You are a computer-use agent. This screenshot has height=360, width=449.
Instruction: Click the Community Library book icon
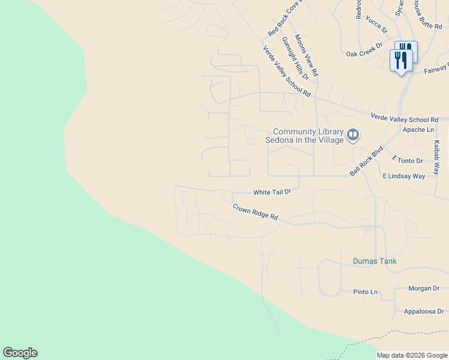(353, 136)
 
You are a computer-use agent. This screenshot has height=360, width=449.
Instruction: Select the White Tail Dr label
(272, 192)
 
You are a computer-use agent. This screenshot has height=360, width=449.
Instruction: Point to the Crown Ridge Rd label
(256, 212)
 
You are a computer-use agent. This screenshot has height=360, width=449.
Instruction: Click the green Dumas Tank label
(375, 262)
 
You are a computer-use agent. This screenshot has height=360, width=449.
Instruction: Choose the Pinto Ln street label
(366, 292)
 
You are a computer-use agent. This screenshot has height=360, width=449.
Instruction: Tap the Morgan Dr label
(424, 289)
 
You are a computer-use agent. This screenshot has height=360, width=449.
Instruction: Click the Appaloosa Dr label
(423, 311)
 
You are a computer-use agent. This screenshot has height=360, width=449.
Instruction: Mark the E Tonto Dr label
(407, 161)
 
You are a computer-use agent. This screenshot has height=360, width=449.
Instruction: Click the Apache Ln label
(418, 130)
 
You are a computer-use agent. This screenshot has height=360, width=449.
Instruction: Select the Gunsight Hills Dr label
(295, 58)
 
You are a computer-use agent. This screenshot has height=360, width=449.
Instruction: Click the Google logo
(20, 353)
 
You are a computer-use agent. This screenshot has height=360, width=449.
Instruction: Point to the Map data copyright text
(412, 356)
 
